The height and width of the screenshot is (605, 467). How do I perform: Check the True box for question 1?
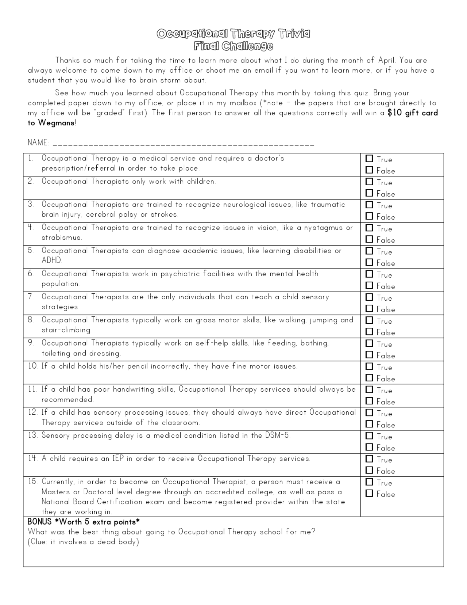pyautogui.click(x=369, y=159)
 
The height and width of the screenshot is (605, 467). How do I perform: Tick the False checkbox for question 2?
pyautogui.click(x=369, y=193)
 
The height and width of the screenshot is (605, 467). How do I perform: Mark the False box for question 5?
pyautogui.click(x=369, y=262)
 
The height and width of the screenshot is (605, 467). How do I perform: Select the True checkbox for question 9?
pyautogui.click(x=369, y=343)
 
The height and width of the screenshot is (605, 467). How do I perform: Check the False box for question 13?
pyautogui.click(x=369, y=447)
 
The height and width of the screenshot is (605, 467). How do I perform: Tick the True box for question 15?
pyautogui.click(x=369, y=482)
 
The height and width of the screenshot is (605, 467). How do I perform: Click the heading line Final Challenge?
pyautogui.click(x=233, y=46)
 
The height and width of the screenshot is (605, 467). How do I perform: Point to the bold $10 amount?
pyautogui.click(x=394, y=113)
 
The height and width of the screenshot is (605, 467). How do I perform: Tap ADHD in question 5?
pyautogui.click(x=51, y=260)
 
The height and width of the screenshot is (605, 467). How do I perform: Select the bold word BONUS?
pyautogui.click(x=39, y=522)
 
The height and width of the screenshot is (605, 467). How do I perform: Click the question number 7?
pyautogui.click(x=31, y=297)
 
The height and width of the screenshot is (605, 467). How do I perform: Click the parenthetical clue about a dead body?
pyautogui.click(x=83, y=542)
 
